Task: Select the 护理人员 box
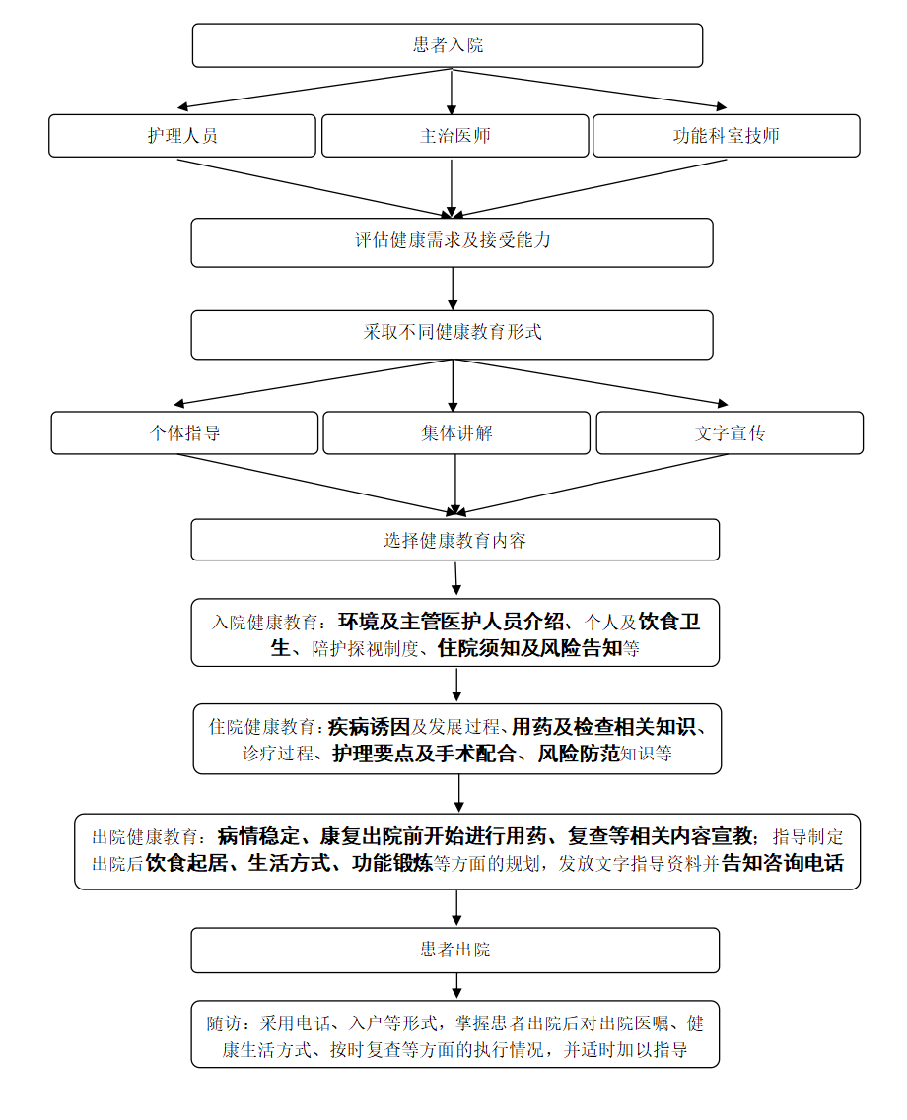pyautogui.click(x=182, y=136)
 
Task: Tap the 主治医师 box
pyautogui.click(x=454, y=136)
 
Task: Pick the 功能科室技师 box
pyautogui.click(x=726, y=136)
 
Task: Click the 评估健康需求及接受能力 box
pyautogui.click(x=452, y=241)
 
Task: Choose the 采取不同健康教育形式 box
pyautogui.click(x=452, y=333)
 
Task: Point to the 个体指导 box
pyautogui.click(x=184, y=432)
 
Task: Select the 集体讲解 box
pyautogui.click(x=456, y=432)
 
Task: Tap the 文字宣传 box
pyautogui.click(x=730, y=432)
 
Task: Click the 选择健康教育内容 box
pyautogui.click(x=454, y=540)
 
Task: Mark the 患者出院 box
pyautogui.click(x=454, y=950)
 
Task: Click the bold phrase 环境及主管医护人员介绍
pyautogui.click(x=452, y=622)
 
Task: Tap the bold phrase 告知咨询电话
pyautogui.click(x=783, y=864)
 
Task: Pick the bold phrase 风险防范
pyautogui.click(x=578, y=755)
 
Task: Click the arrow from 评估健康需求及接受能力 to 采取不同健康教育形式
pyautogui.click(x=453, y=289)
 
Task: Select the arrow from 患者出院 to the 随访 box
pyautogui.click(x=455, y=986)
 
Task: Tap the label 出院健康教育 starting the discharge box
pyautogui.click(x=147, y=838)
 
